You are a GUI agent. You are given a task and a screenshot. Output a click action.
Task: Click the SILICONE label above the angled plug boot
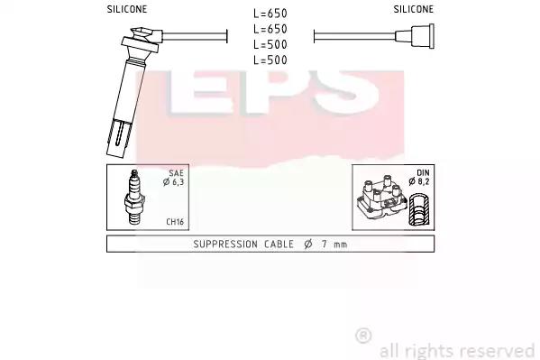point(127,9)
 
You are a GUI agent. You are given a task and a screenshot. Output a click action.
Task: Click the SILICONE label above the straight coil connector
point(413,9)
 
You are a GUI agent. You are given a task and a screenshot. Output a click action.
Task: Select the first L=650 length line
point(270,14)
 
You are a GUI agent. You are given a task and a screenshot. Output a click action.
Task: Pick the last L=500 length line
point(270,60)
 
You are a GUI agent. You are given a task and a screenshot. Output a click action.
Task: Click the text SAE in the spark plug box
point(176,173)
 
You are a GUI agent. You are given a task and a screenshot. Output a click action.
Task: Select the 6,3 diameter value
point(178,181)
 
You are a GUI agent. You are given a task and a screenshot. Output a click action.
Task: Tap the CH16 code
point(175,222)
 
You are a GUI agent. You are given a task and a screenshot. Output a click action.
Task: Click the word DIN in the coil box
point(423,172)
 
